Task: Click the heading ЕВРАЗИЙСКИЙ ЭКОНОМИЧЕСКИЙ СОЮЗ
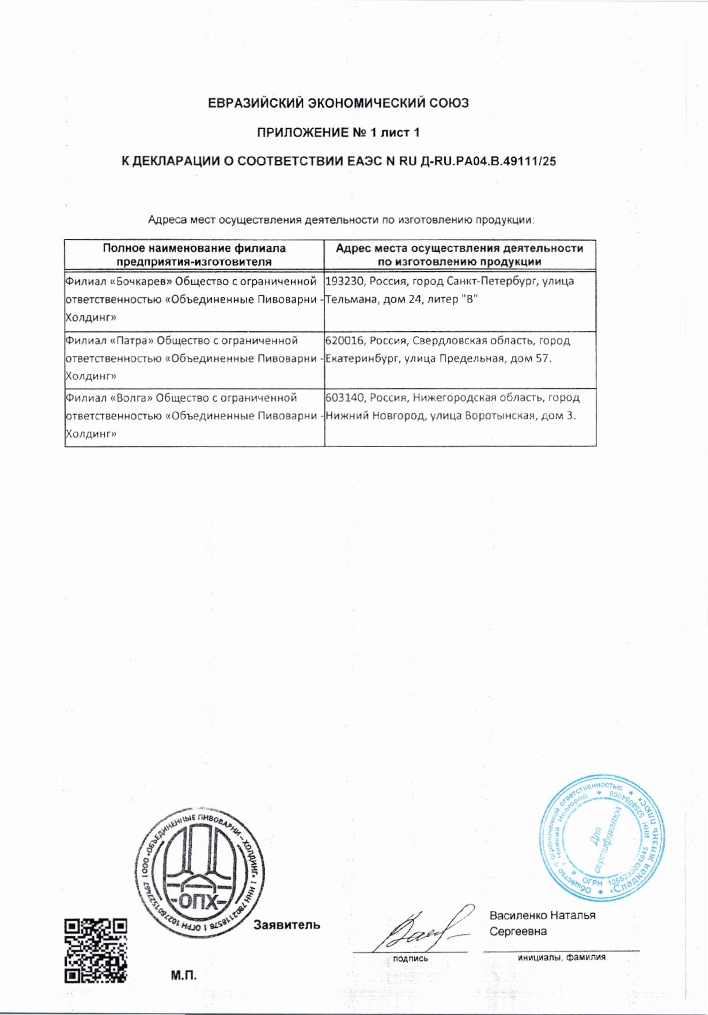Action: (x=338, y=104)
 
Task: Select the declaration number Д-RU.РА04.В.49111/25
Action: (x=489, y=161)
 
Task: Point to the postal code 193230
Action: (x=344, y=282)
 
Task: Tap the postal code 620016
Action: (x=344, y=340)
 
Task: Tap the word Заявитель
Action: (x=287, y=925)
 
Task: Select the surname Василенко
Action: (x=518, y=915)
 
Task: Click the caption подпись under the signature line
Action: (x=410, y=959)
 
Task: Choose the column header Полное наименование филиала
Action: (x=194, y=248)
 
